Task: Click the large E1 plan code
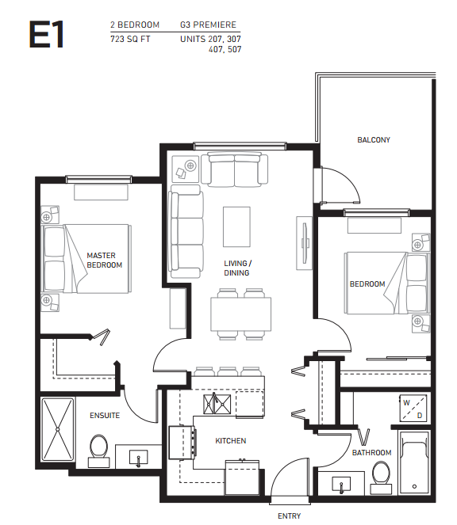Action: coord(47,36)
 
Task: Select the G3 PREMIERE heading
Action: coord(209,25)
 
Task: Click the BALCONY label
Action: coord(373,140)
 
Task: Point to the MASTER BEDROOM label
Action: coord(104,260)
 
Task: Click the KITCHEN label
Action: coord(230,440)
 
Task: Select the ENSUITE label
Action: coord(103,415)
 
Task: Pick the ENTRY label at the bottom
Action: coord(289,515)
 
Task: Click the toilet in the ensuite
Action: coord(99,447)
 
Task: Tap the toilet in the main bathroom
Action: coord(381,474)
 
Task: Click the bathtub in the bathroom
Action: coord(414,463)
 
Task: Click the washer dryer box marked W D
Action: coord(412,409)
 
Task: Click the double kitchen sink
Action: coord(216,405)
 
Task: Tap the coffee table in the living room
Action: coord(236,226)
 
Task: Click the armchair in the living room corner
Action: coord(185,167)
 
